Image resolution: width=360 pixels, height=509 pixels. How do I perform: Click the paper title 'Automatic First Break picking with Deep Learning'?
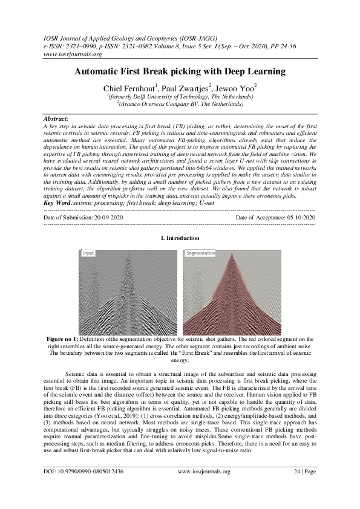pyautogui.click(x=180, y=71)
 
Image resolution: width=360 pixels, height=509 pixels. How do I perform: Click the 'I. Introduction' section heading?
pyautogui.click(x=180, y=239)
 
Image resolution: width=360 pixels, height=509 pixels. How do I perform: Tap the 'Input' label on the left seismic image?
pyautogui.click(x=89, y=253)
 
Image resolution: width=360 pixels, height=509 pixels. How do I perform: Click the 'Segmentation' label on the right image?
pyautogui.click(x=200, y=253)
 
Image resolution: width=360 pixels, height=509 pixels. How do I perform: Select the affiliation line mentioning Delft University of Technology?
pyautogui.click(x=180, y=97)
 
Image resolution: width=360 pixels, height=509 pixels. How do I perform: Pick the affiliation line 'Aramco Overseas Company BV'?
pyautogui.click(x=180, y=104)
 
